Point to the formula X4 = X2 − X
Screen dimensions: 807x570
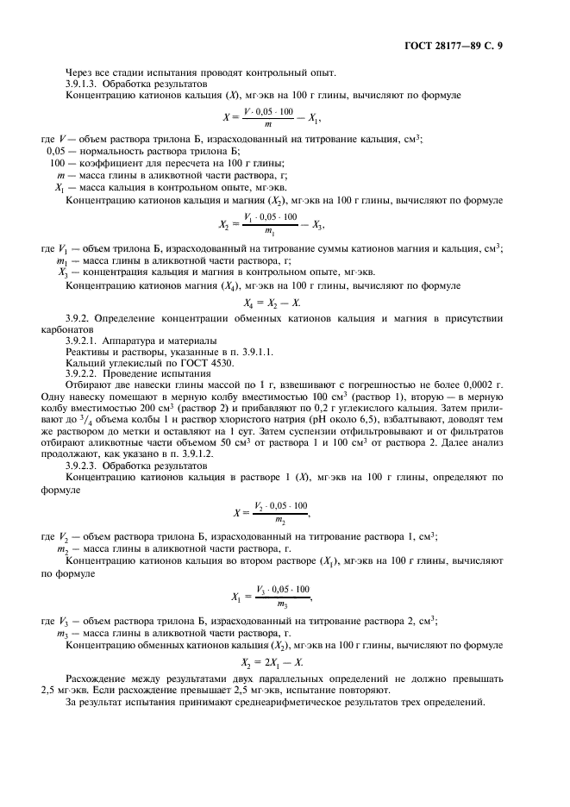pos(284,303)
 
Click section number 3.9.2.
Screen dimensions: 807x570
pos(80,321)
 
